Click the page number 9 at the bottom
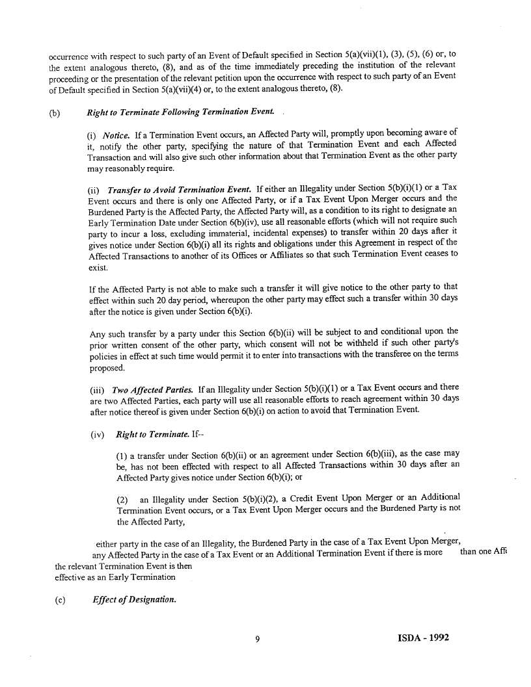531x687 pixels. (x=258, y=639)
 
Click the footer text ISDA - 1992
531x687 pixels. (x=422, y=638)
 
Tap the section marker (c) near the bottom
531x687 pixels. (x=60, y=600)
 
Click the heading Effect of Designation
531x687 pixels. (x=135, y=599)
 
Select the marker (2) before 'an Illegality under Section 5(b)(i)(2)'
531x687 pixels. (x=122, y=499)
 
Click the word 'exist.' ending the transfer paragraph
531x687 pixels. (x=98, y=267)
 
